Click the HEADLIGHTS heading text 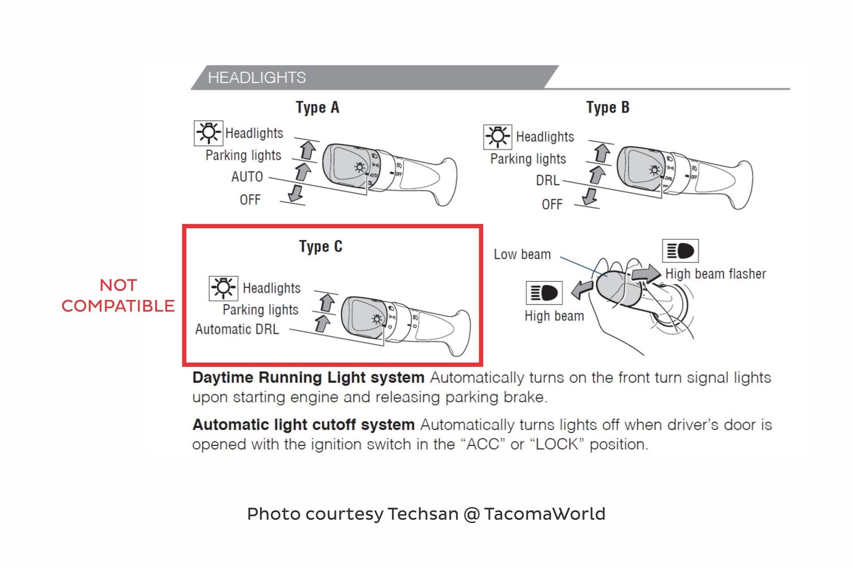(x=257, y=78)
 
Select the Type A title (x=317, y=108)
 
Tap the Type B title (x=608, y=108)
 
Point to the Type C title (x=321, y=246)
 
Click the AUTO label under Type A (x=247, y=177)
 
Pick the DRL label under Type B (x=548, y=180)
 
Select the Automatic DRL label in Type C (x=237, y=329)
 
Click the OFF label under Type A (x=250, y=200)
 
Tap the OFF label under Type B (x=552, y=205)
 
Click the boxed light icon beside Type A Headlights (x=208, y=133)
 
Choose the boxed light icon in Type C (x=223, y=288)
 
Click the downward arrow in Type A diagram (x=296, y=194)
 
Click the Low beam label (x=522, y=254)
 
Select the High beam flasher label (x=715, y=274)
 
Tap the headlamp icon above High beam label (x=544, y=293)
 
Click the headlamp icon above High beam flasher (x=680, y=251)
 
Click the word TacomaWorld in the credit (x=544, y=514)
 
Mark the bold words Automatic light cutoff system (x=304, y=425)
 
